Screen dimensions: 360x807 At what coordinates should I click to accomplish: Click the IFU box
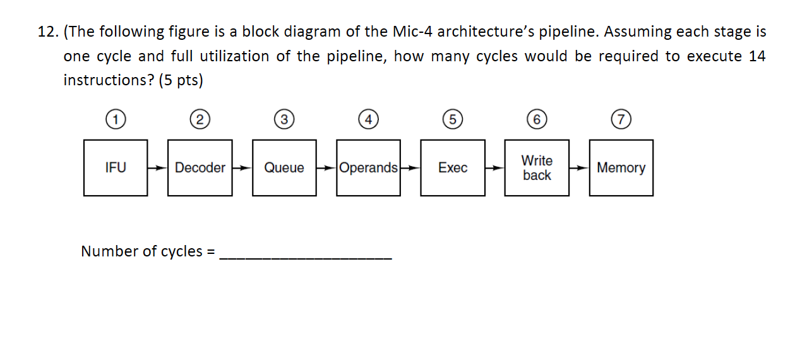point(116,168)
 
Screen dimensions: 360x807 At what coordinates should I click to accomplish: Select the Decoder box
point(200,168)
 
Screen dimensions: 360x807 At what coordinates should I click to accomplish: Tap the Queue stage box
point(284,168)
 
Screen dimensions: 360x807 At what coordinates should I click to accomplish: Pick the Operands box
point(368,168)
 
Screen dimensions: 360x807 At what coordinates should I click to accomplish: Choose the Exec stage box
point(453,168)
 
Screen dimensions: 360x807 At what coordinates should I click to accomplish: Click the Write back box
point(537,168)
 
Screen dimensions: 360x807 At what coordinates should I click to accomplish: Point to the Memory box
point(621,168)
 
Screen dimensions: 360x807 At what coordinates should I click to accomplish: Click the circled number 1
point(115,119)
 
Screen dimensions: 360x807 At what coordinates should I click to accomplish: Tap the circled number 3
point(284,119)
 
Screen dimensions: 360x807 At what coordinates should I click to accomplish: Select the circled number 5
point(452,119)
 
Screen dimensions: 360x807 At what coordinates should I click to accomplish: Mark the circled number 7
point(621,119)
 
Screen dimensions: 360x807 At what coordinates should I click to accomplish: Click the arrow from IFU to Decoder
point(157,169)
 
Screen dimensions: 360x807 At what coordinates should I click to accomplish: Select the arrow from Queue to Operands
point(326,169)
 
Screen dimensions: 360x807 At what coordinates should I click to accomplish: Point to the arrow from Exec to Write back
point(494,169)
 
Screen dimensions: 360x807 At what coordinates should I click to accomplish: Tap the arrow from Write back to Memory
point(578,169)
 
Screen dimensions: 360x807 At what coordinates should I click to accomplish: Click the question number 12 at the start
point(47,32)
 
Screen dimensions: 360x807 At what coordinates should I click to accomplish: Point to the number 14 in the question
point(756,56)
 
